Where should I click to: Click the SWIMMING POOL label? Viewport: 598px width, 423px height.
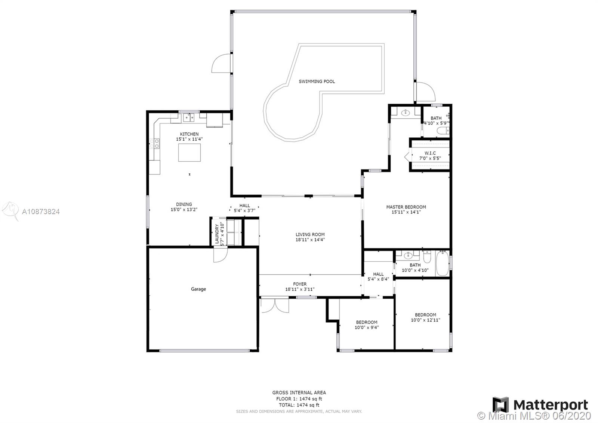click(x=317, y=81)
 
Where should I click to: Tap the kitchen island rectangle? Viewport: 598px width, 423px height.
click(x=189, y=152)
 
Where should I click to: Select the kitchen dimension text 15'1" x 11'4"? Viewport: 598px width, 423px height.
click(x=189, y=139)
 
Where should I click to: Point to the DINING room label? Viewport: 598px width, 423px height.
click(x=184, y=204)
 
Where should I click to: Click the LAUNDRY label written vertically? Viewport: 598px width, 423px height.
click(x=217, y=234)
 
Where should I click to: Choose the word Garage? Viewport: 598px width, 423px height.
click(x=198, y=289)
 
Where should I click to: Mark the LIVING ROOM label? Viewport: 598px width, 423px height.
click(x=310, y=234)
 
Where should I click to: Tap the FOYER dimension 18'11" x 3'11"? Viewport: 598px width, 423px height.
click(x=300, y=289)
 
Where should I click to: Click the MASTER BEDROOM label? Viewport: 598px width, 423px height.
click(x=406, y=207)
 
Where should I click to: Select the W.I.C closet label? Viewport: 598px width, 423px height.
click(x=430, y=153)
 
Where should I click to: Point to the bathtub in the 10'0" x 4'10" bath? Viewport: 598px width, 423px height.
click(x=443, y=264)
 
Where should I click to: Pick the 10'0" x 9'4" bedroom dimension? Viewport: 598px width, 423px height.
click(x=367, y=327)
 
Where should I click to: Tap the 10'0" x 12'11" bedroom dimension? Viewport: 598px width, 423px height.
click(x=425, y=320)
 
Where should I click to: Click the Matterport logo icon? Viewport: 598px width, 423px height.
click(x=500, y=405)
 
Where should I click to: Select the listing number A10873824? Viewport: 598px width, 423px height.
click(x=41, y=212)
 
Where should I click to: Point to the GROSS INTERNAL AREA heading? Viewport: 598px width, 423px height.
click(x=299, y=393)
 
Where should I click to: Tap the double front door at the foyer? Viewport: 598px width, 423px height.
click(x=274, y=305)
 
